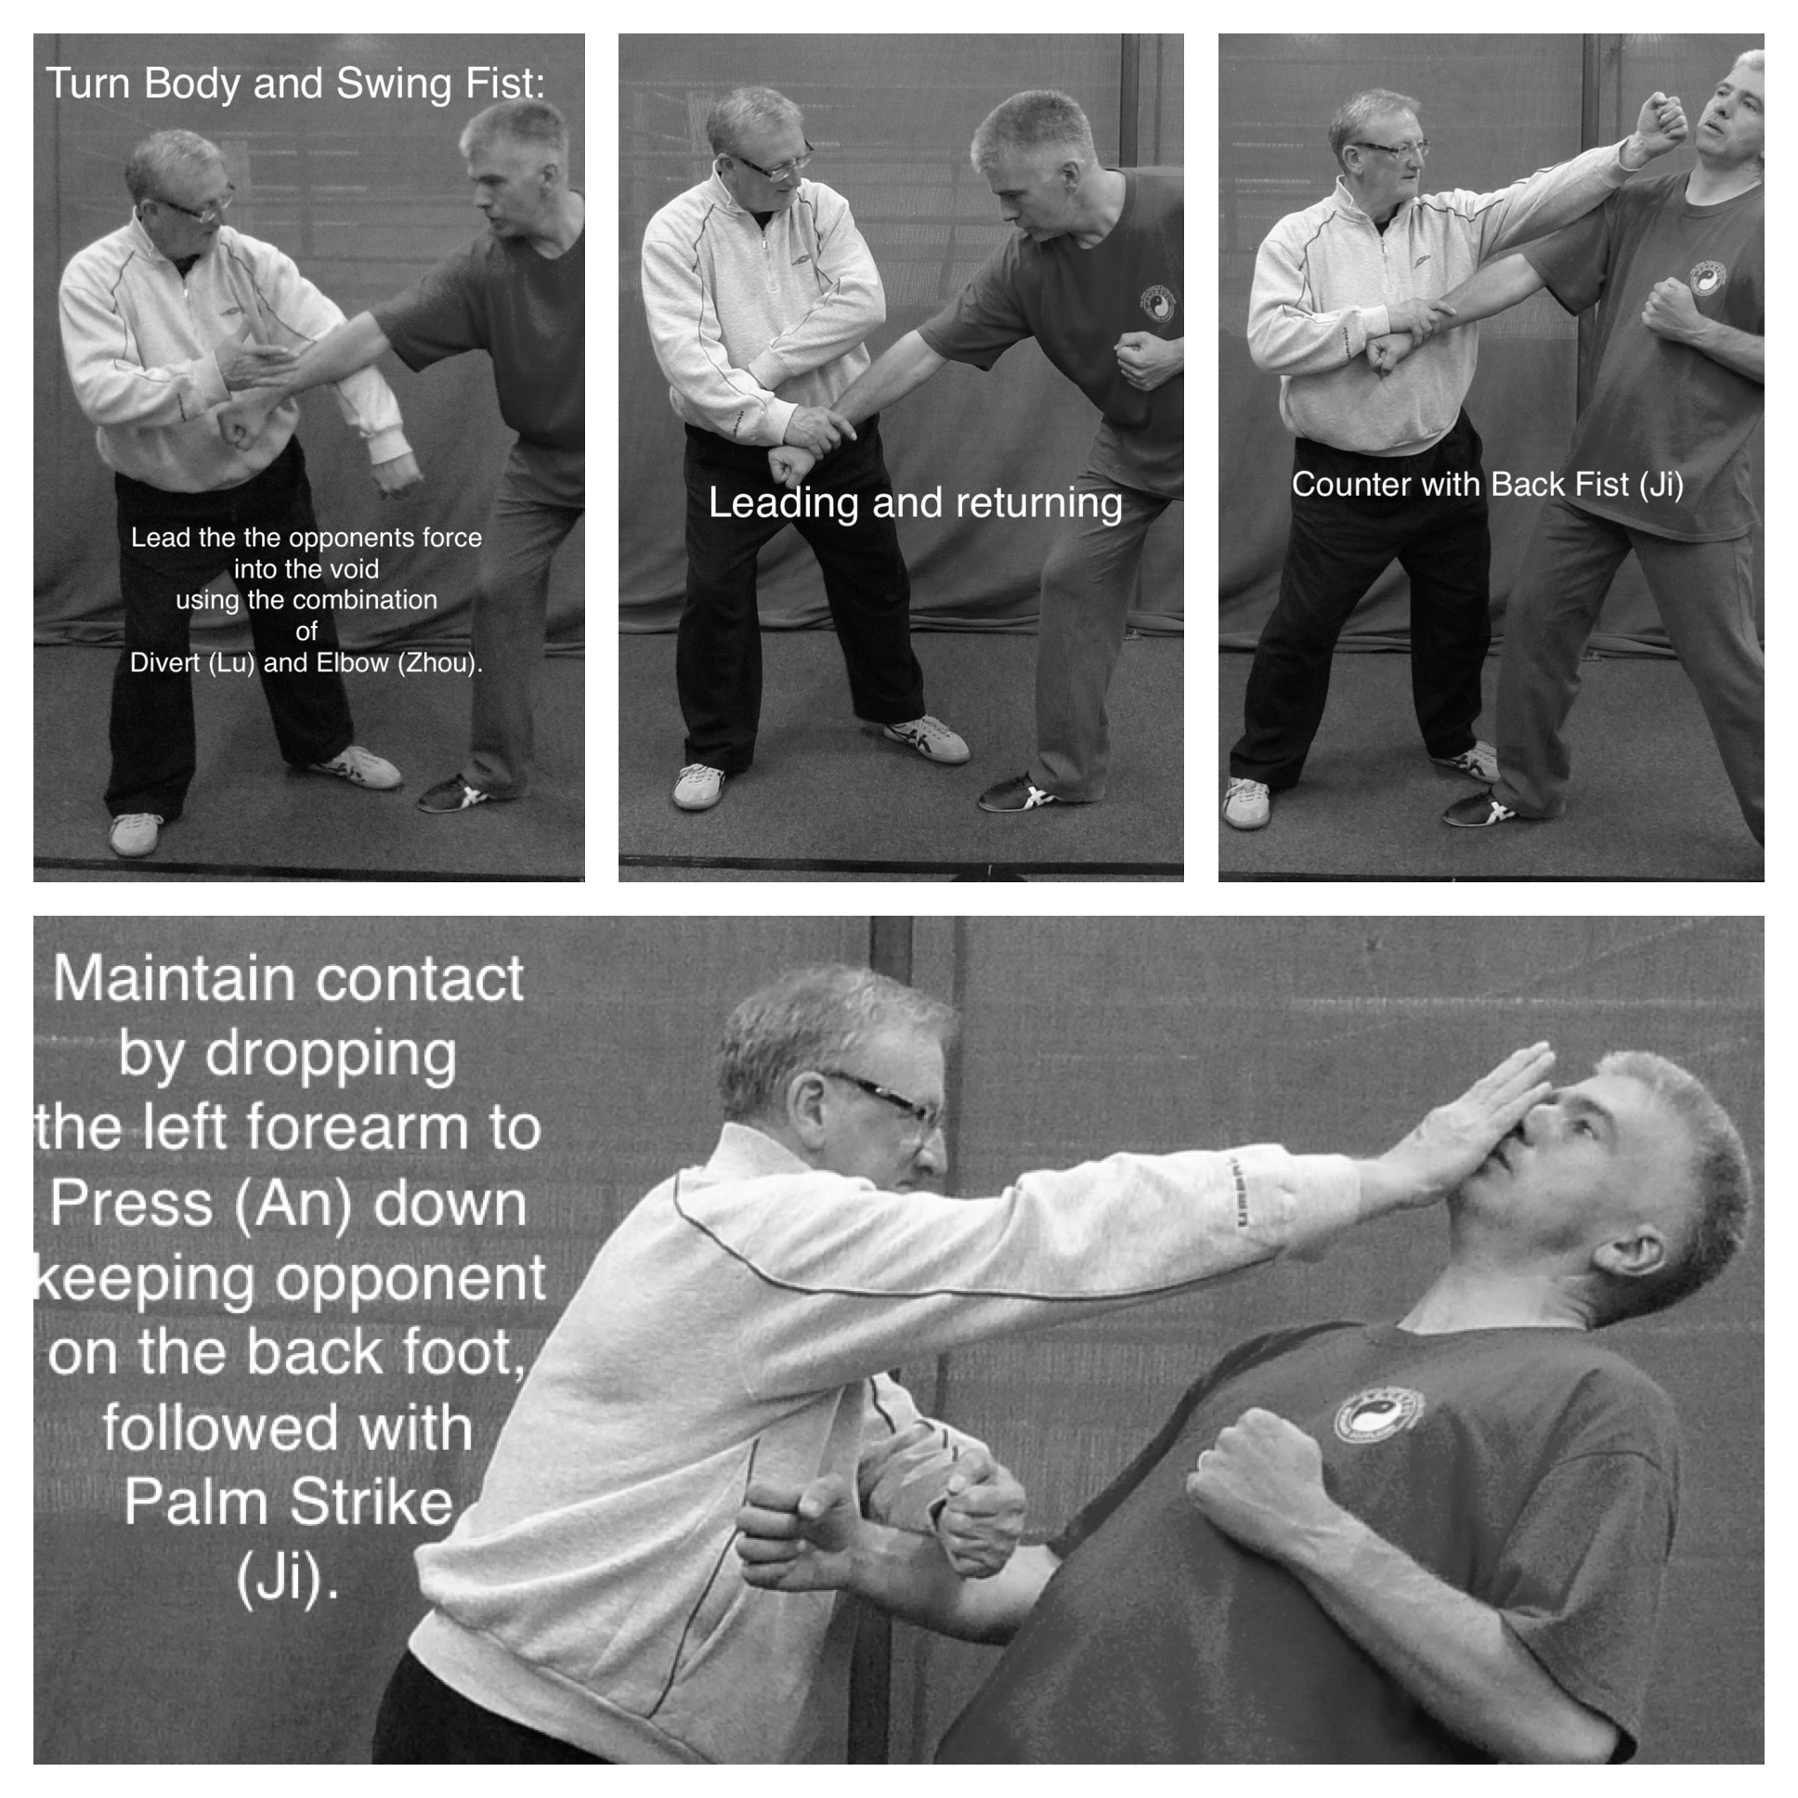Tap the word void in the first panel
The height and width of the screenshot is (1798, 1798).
click(354, 568)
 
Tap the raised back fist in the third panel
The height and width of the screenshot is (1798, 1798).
click(1660, 125)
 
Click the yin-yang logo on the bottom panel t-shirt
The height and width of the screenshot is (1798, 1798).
click(1379, 1414)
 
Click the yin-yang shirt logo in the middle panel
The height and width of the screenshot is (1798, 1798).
click(1159, 304)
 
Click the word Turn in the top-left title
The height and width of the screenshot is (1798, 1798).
click(88, 84)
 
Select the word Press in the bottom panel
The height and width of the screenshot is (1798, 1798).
click(130, 1203)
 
